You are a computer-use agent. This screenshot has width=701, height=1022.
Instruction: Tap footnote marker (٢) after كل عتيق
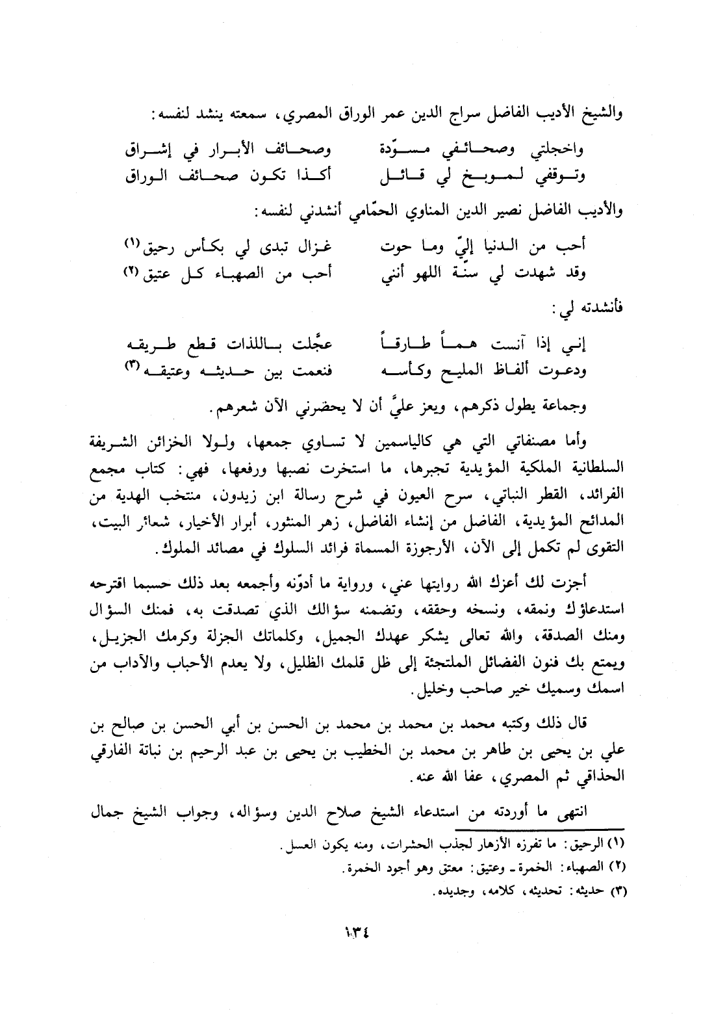[133, 271]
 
